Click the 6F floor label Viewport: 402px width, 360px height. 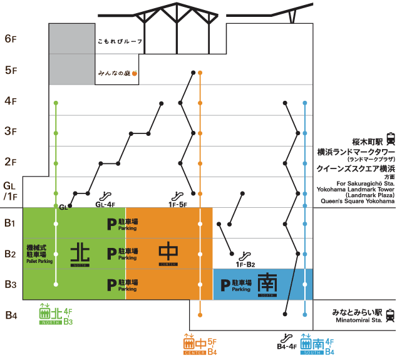pyautogui.click(x=11, y=39)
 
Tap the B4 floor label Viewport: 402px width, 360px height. pyautogui.click(x=11, y=315)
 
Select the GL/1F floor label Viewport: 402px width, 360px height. pyautogui.click(x=11, y=191)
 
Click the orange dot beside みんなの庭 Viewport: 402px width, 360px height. pyautogui.click(x=134, y=73)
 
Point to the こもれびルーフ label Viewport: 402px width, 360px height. pyautogui.click(x=120, y=42)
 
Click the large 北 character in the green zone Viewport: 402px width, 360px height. pyautogui.click(x=80, y=254)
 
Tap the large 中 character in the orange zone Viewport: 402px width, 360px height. pyautogui.click(x=168, y=252)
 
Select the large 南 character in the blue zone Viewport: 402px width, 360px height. pyautogui.click(x=267, y=284)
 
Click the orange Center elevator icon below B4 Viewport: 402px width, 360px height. pyautogui.click(x=188, y=342)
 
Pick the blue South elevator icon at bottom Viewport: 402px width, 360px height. pyautogui.click(x=306, y=342)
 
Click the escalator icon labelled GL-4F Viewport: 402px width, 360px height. pyautogui.click(x=107, y=195)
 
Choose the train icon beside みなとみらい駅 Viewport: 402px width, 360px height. pyautogui.click(x=391, y=315)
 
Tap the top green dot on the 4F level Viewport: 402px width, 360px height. pyautogui.click(x=56, y=102)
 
